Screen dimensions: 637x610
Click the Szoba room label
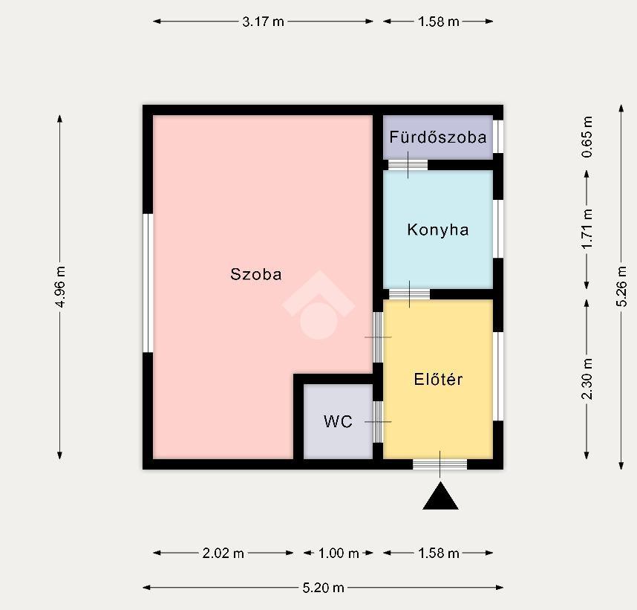pos(256,274)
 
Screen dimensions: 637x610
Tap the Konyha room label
pos(438,230)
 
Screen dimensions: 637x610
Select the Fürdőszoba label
pos(438,137)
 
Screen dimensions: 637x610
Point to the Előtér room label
pos(438,379)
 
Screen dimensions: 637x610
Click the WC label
pos(338,421)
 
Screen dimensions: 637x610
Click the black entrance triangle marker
pos(440,496)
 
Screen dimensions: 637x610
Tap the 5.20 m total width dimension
pos(324,588)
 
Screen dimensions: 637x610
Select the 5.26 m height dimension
pos(621,286)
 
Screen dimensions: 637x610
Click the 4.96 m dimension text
pos(59,287)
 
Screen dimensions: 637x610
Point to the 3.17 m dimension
pos(264,21)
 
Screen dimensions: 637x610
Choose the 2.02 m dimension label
pos(223,553)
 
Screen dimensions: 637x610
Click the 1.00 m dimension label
pos(339,553)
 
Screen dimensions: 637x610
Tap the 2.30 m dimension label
pos(587,379)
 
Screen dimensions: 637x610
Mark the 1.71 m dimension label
pos(587,229)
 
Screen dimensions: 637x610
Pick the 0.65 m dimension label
pos(587,137)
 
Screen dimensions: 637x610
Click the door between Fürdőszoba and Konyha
pos(408,165)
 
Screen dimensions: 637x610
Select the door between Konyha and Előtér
pos(410,294)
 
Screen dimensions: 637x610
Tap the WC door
pos(378,422)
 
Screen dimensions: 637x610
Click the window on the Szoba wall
pos(148,283)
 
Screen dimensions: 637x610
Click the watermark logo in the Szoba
pos(319,305)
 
